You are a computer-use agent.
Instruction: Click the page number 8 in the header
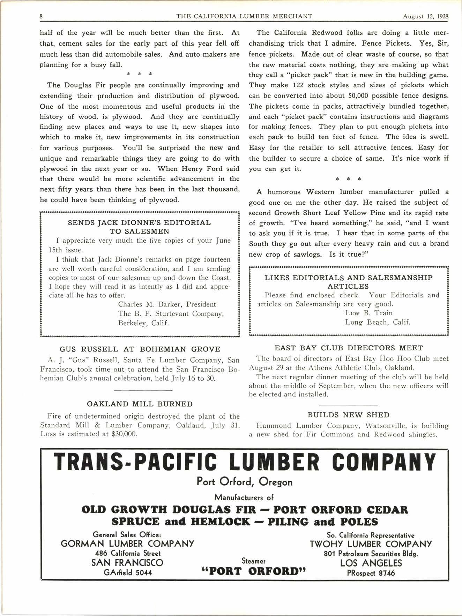[x=41, y=16]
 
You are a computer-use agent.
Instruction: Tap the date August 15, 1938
[x=425, y=16]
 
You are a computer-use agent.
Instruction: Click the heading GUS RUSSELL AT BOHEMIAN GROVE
[x=140, y=349]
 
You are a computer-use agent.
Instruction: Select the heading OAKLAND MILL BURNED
[x=140, y=404]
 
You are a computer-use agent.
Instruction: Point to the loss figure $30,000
[x=125, y=434]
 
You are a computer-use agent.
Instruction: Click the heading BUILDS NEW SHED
[x=348, y=415]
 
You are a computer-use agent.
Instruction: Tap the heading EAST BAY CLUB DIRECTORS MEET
[x=349, y=348]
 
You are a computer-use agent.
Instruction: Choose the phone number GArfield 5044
[x=127, y=572]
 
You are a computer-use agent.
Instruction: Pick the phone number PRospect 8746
[x=371, y=572]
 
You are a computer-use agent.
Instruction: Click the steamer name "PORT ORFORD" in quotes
[x=254, y=571]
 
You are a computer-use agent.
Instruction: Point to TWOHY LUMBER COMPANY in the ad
[x=371, y=544]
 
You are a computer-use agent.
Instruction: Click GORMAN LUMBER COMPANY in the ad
[x=127, y=543]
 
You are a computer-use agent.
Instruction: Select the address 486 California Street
[x=127, y=553]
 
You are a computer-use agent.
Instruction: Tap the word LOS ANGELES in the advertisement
[x=371, y=563]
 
